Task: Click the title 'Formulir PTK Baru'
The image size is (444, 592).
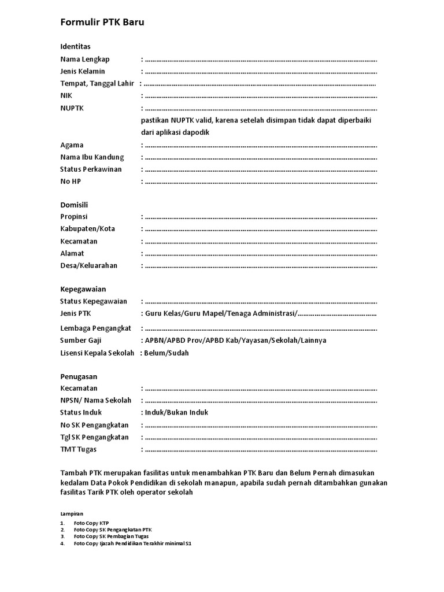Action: click(x=102, y=23)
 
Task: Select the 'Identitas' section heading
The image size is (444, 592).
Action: click(x=76, y=46)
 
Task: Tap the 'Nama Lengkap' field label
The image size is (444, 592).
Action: click(x=85, y=59)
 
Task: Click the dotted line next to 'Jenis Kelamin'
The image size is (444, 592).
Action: click(x=260, y=72)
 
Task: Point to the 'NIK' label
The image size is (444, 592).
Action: click(x=66, y=96)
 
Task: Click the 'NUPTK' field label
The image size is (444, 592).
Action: click(x=72, y=108)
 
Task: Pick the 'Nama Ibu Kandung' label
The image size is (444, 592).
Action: click(x=92, y=157)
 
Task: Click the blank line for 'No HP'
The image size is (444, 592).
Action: click(x=260, y=182)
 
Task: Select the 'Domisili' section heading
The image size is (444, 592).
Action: click(x=74, y=205)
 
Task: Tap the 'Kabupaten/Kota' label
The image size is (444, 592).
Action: click(x=88, y=228)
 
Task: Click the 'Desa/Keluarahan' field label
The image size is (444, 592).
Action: click(x=89, y=265)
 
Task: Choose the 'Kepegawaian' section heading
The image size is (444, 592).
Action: click(x=83, y=288)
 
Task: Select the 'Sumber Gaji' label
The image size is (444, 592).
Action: click(x=81, y=341)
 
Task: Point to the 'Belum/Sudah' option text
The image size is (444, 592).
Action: click(x=166, y=353)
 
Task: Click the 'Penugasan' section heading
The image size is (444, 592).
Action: click(x=79, y=376)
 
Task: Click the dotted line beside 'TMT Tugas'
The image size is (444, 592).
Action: click(x=260, y=450)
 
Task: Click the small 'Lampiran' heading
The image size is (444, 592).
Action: click(x=72, y=513)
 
